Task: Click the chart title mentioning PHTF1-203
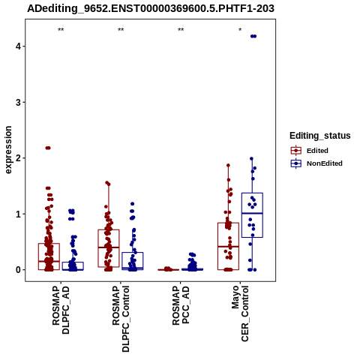pos(151,8)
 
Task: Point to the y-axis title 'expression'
pos(8,150)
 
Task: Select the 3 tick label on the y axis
pos(18,102)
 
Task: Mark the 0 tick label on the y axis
pos(18,270)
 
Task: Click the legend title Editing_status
pos(320,136)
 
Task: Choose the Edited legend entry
pos(310,151)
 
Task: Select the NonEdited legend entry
pos(316,163)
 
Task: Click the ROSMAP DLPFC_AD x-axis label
pos(61,310)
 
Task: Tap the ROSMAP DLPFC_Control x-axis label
pos(121,319)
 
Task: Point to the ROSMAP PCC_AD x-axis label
pos(181,305)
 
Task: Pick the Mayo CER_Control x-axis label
pos(240,313)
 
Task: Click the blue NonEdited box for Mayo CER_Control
pos(252,215)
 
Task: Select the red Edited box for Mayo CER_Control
pos(228,246)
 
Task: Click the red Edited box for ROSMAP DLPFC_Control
pos(109,248)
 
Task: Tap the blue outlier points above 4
pos(253,36)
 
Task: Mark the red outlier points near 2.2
pos(48,148)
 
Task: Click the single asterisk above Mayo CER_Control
pos(240,29)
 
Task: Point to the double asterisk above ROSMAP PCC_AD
pos(181,29)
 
